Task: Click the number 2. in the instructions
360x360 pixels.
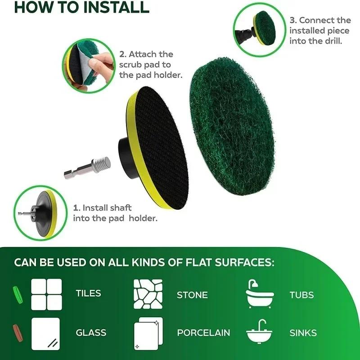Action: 123,54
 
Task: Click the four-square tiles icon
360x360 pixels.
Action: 46,294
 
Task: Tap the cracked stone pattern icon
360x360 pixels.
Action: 148,294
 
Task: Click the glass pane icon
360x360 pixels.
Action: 46,333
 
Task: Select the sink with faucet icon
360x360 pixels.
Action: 260,333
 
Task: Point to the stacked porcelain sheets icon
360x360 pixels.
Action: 148,333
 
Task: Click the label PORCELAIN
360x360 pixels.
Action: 203,333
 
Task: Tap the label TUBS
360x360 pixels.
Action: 301,295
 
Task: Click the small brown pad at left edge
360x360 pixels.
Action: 18,331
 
